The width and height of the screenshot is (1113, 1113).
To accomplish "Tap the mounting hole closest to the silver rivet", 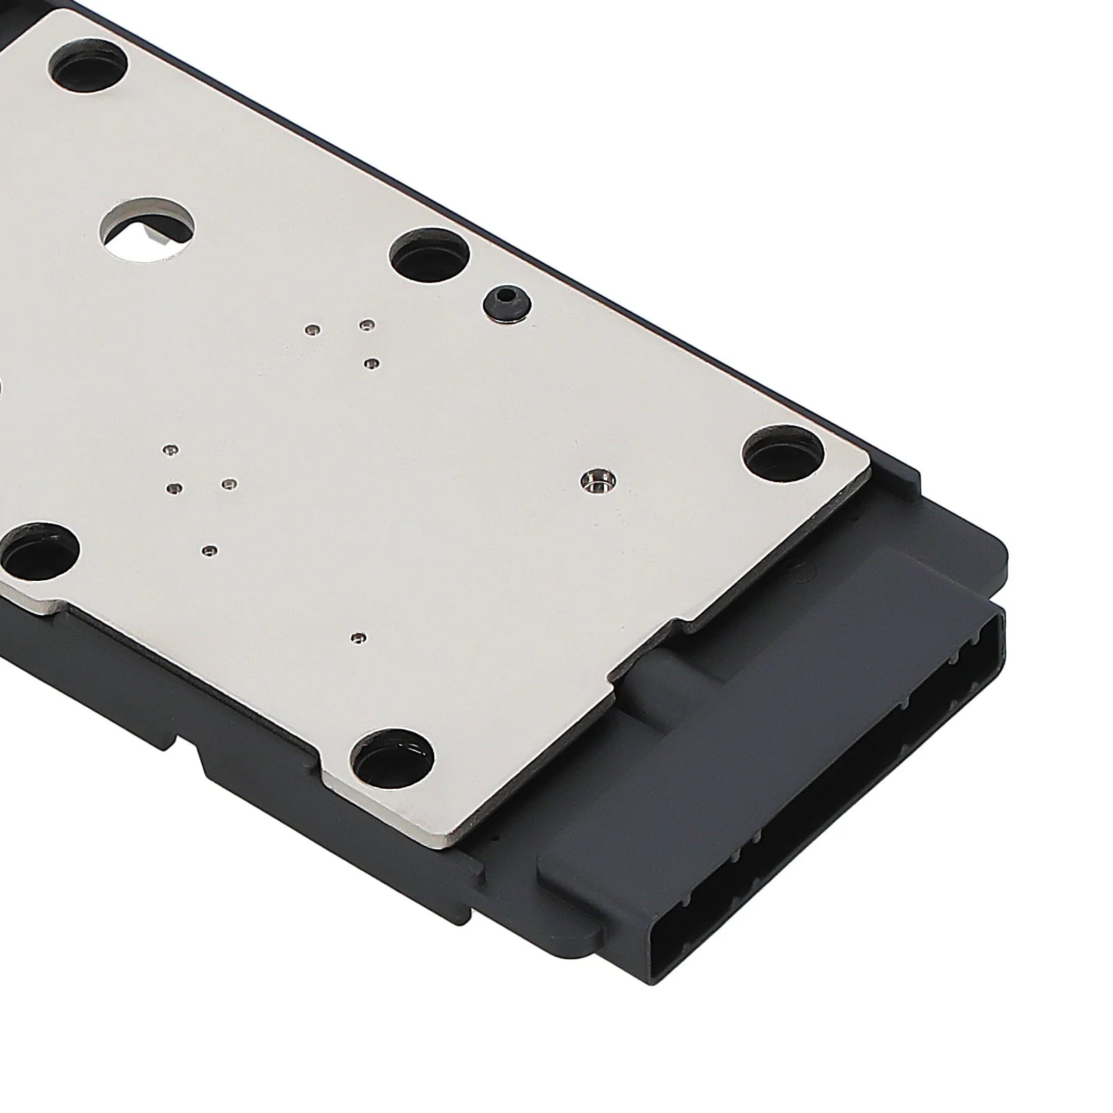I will point(782,454).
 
